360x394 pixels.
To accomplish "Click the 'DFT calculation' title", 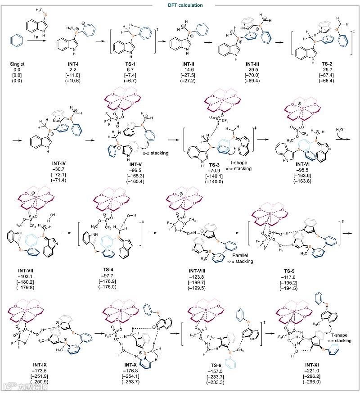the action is click(180, 5).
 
